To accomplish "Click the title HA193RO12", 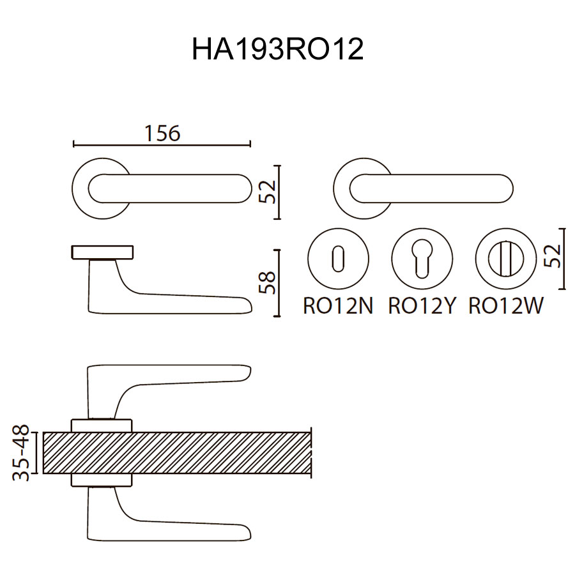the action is click(x=278, y=49).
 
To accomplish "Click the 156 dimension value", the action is click(x=162, y=133).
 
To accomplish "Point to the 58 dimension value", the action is click(x=267, y=282).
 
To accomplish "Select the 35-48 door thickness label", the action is click(x=21, y=452).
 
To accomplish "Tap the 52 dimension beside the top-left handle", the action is click(x=267, y=192).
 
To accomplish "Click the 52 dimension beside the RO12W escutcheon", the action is click(x=553, y=256).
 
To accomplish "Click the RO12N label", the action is click(x=338, y=305).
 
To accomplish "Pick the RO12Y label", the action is click(x=422, y=305).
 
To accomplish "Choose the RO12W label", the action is click(x=506, y=305).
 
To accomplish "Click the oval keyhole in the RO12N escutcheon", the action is click(x=338, y=259).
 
